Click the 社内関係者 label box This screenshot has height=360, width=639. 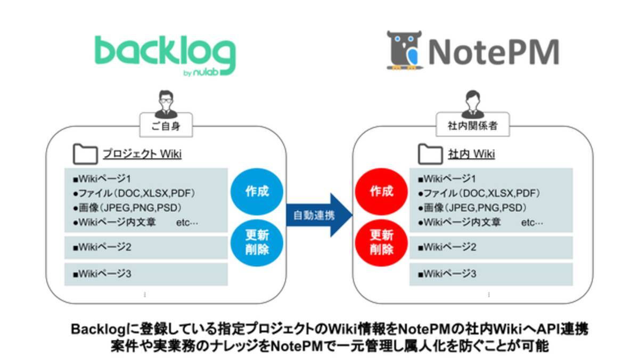(x=471, y=128)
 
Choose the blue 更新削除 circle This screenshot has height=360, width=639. (x=257, y=243)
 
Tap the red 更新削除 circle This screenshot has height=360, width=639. (x=381, y=243)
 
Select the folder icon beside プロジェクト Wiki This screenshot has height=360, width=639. (x=84, y=154)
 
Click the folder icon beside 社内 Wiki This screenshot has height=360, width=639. (x=430, y=154)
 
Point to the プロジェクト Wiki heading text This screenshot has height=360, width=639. (x=142, y=154)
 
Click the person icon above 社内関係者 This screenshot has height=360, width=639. (x=471, y=104)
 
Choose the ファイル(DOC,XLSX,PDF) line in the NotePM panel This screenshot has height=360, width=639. (x=479, y=193)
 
